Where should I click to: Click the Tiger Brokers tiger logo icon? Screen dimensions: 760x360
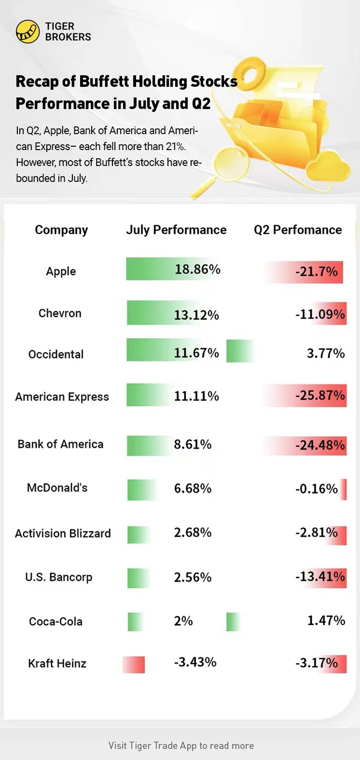[28, 32]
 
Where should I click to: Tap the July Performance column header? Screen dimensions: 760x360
[176, 230]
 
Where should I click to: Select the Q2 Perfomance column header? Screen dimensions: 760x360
[298, 230]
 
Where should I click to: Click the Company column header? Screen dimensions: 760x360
[61, 230]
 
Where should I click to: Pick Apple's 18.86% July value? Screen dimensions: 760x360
[197, 269]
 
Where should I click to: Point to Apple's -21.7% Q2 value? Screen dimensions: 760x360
[317, 271]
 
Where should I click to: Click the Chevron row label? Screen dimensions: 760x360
[60, 313]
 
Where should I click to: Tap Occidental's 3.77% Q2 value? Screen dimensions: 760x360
[326, 353]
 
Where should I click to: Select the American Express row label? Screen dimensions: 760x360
[62, 397]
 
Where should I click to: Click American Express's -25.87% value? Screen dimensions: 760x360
[320, 396]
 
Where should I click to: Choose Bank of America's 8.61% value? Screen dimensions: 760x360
[193, 444]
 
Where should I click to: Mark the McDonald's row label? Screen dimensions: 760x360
[57, 488]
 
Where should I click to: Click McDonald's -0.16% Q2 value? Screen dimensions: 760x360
[317, 489]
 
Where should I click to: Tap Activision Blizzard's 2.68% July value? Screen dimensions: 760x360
[193, 533]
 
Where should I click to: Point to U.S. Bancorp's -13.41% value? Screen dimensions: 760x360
[320, 577]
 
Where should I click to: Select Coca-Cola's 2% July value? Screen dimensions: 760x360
[183, 621]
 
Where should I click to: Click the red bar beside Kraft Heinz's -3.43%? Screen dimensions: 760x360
[134, 664]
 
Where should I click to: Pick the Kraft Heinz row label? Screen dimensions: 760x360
[57, 663]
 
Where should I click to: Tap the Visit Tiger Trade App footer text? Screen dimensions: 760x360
[181, 746]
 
